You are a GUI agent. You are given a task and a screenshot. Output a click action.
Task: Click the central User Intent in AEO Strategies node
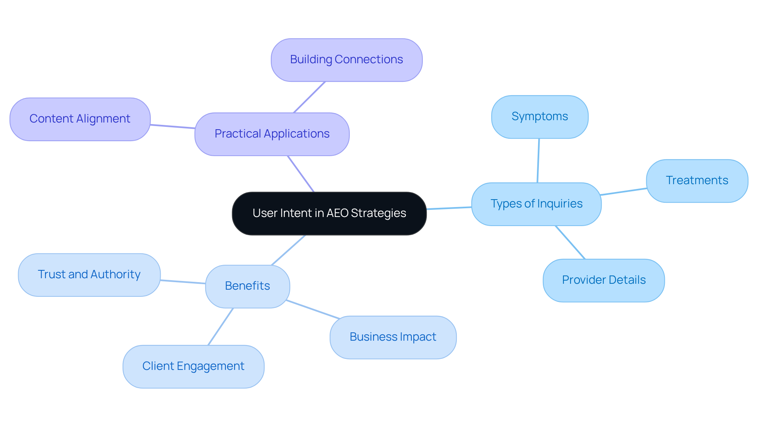point(329,213)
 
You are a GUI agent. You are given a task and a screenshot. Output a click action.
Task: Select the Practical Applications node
point(272,134)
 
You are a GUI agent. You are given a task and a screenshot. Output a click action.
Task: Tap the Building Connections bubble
point(347,60)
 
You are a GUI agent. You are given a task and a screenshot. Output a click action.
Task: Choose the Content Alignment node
point(80,119)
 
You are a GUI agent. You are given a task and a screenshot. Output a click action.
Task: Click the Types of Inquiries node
point(536,204)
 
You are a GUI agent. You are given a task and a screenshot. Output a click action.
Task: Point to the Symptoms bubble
point(540,117)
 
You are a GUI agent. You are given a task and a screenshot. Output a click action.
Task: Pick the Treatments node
point(697,181)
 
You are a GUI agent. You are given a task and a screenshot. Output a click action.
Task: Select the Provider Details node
point(604,280)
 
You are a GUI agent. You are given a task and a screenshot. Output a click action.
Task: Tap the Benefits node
point(248,286)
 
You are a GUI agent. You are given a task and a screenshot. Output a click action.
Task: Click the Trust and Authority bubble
point(89,275)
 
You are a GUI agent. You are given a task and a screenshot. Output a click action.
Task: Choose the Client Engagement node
point(193,366)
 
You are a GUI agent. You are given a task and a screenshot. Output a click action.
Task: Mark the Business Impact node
point(393,337)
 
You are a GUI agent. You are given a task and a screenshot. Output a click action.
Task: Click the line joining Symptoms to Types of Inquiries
point(538,160)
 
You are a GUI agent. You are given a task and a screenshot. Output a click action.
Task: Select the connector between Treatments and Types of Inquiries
point(623,192)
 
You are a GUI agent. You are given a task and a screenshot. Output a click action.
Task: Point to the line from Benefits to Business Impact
point(313,309)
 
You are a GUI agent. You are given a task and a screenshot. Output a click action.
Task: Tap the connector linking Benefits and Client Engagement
point(221,326)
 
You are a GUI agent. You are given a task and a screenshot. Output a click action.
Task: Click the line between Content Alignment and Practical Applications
point(173,126)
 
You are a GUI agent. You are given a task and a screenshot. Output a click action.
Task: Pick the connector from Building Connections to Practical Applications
point(310,97)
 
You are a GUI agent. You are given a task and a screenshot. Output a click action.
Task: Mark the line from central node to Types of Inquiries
point(449,208)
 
